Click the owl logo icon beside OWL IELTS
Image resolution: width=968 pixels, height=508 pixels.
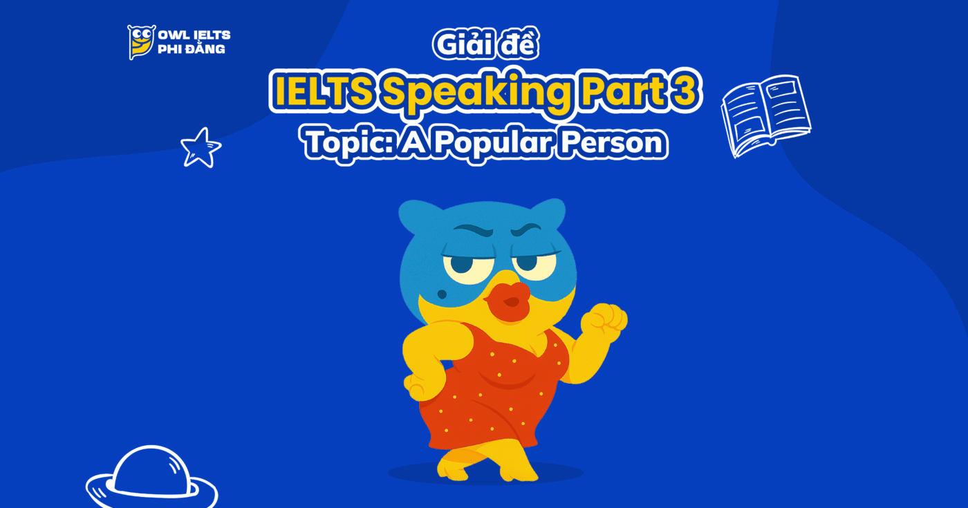tap(141, 42)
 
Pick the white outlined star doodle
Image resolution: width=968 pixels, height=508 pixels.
tap(201, 147)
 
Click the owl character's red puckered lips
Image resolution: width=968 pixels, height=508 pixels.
tap(510, 299)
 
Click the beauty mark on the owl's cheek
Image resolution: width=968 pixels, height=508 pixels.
tap(443, 294)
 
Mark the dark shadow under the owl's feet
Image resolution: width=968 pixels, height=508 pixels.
tap(485, 473)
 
